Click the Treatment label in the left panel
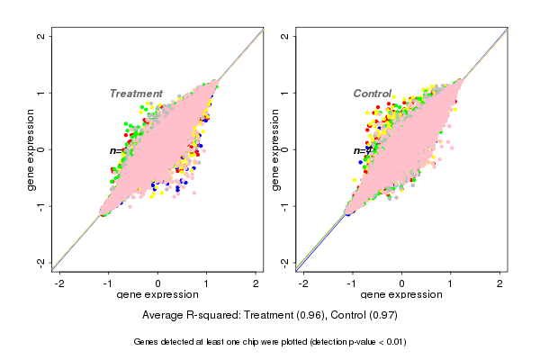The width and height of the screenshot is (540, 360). pyautogui.click(x=136, y=94)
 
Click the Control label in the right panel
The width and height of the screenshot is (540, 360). pyautogui.click(x=372, y=94)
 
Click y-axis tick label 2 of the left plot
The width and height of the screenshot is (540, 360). pyautogui.click(x=41, y=36)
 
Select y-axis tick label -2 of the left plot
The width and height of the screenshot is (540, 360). pyautogui.click(x=41, y=262)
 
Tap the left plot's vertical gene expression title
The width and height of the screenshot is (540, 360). pyautogui.click(x=31, y=149)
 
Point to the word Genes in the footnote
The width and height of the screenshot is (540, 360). pyautogui.click(x=147, y=342)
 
